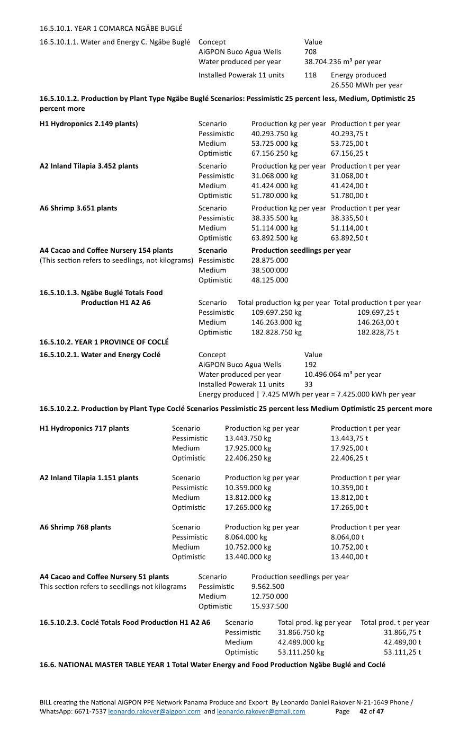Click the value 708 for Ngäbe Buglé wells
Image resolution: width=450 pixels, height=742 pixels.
coord(310,52)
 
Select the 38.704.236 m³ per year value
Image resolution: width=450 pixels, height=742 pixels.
coord(343,62)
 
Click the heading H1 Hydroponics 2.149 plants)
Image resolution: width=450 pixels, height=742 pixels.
coord(89,124)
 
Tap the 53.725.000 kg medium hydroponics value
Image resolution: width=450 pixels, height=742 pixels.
coord(274,144)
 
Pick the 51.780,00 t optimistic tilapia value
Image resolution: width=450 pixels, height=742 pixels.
coord(349,196)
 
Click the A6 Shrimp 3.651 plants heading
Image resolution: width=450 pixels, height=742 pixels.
coord(78,208)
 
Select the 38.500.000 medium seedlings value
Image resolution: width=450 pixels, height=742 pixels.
coord(270,270)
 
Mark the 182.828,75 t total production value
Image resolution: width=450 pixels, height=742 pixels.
coord(378,332)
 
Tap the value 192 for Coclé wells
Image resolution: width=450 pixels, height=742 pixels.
coord(310,365)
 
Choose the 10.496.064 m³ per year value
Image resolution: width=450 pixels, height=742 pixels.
coord(343,375)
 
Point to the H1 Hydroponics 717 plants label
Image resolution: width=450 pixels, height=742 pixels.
coord(84,429)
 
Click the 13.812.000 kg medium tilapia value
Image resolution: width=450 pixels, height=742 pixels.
coord(248,498)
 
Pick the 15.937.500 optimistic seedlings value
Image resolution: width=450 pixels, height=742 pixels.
coord(270,607)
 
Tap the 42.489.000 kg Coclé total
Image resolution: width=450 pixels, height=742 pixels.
coord(301,642)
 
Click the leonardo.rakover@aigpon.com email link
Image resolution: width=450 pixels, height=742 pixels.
coord(154,712)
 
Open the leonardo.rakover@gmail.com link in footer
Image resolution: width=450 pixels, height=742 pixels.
coord(261,712)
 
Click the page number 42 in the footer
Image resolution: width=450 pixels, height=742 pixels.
coord(363,712)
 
